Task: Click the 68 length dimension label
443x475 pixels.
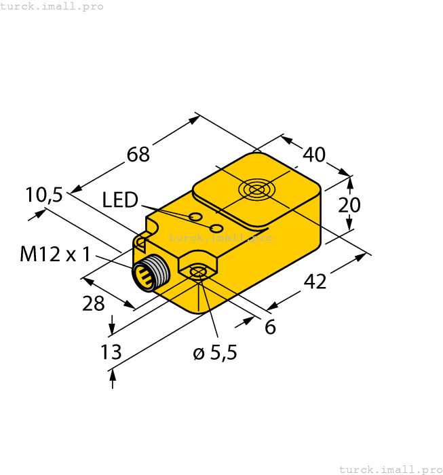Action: tap(138, 155)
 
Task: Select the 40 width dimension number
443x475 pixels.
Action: tap(313, 155)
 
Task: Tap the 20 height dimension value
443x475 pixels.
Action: tap(350, 205)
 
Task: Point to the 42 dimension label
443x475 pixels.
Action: tap(315, 280)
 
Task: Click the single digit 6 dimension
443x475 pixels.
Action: tap(270, 327)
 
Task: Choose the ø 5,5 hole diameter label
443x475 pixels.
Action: tap(215, 353)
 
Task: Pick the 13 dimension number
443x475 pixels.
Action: tap(111, 352)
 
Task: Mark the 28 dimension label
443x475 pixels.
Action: tap(94, 303)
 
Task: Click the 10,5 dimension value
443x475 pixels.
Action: tap(44, 195)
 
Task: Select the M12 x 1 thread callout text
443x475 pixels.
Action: tap(55, 254)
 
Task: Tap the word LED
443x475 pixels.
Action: tap(120, 200)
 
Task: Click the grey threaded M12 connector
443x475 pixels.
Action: tap(151, 275)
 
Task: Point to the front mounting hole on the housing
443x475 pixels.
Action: tap(197, 273)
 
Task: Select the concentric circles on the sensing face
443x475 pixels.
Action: tap(256, 189)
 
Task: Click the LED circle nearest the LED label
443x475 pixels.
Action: tap(195, 217)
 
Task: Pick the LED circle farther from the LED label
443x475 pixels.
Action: tap(217, 227)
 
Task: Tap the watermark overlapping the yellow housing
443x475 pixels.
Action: tap(220, 237)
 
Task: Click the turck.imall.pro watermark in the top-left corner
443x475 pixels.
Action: tap(52, 6)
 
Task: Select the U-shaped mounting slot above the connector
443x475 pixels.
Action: tap(141, 242)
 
